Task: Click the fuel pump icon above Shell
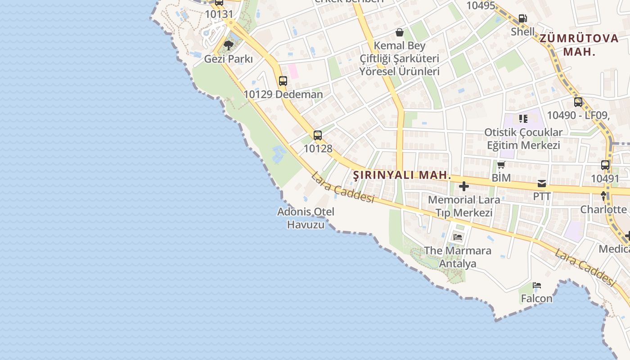[522, 18]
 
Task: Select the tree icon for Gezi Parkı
[228, 45]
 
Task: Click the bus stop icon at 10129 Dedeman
[283, 81]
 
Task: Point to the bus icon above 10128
[318, 135]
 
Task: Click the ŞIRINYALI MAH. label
[401, 175]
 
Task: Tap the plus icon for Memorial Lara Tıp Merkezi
[464, 186]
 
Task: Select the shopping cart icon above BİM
[501, 165]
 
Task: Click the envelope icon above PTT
[541, 184]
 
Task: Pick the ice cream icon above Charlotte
[603, 196]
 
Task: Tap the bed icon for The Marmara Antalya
[458, 237]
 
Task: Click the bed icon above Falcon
[536, 285]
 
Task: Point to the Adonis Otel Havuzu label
[306, 218]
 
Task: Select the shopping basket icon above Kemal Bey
[399, 32]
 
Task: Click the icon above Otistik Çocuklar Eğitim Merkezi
[523, 119]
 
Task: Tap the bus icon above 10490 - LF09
[578, 102]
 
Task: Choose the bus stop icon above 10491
[605, 165]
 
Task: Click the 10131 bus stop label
[219, 14]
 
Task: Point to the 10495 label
[481, 5]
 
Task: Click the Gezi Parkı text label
[229, 59]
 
